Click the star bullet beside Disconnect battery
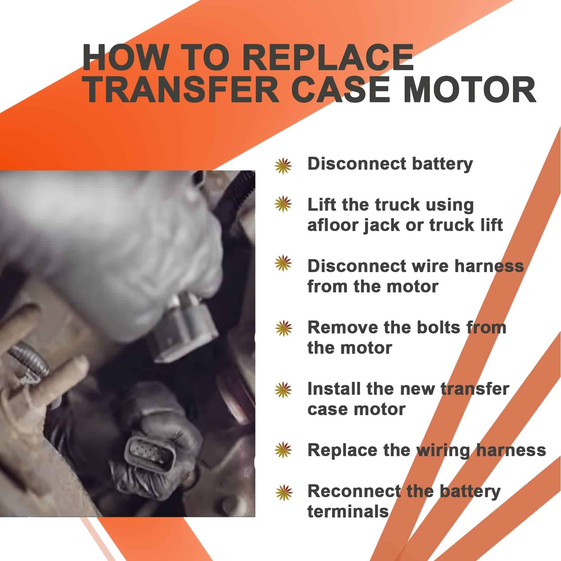pos(283,166)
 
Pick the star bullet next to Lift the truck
pos(283,204)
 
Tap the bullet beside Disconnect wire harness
pos(283,263)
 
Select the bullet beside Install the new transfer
pos(283,390)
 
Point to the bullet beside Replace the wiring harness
pos(283,451)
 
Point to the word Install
pos(330,389)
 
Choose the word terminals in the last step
pos(348,512)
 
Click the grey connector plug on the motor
pos(184,328)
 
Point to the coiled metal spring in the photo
pos(30,359)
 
